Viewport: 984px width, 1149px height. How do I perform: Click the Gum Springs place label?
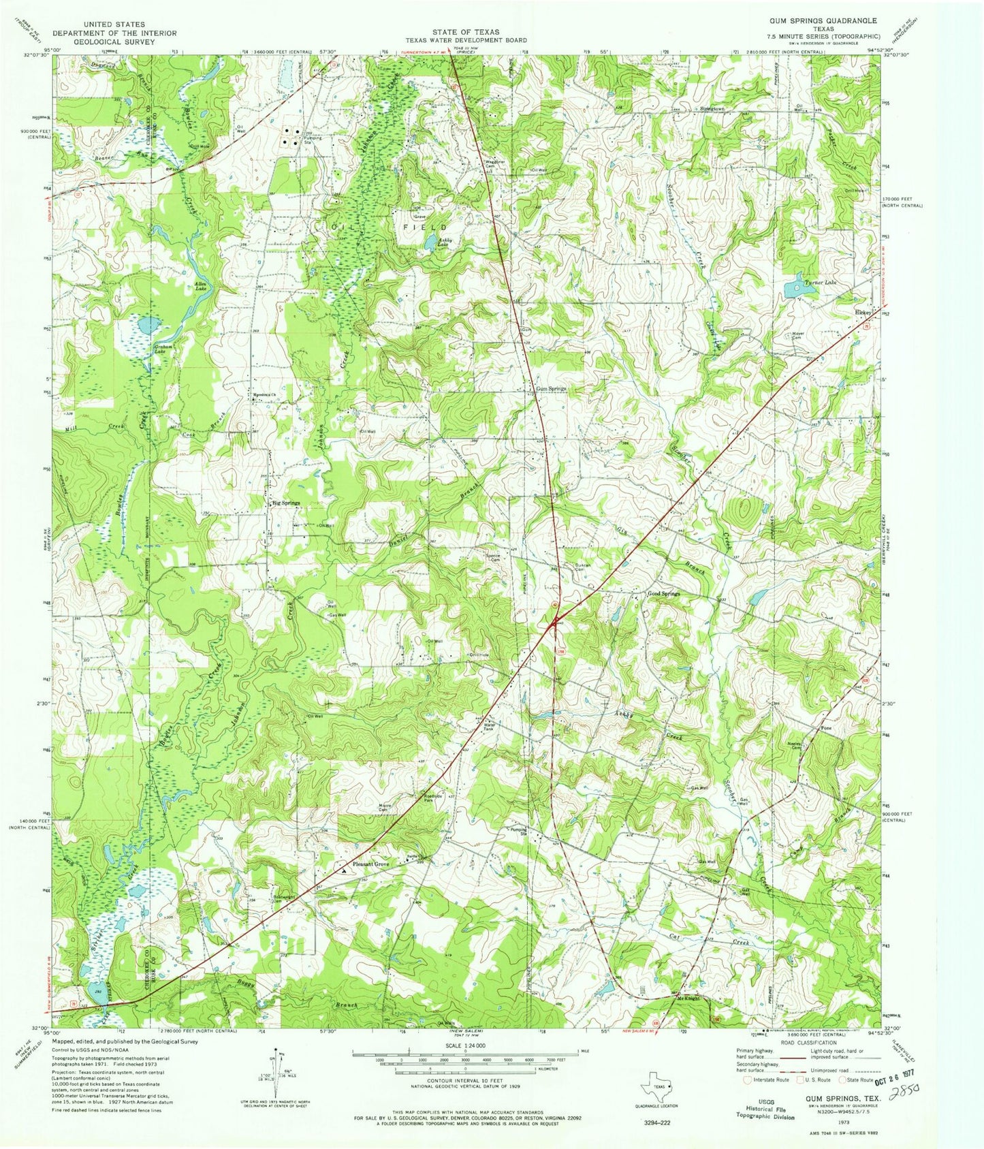pyautogui.click(x=551, y=389)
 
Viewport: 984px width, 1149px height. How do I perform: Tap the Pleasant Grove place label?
pyautogui.click(x=370, y=864)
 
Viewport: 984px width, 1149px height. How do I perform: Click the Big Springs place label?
pyautogui.click(x=285, y=503)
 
